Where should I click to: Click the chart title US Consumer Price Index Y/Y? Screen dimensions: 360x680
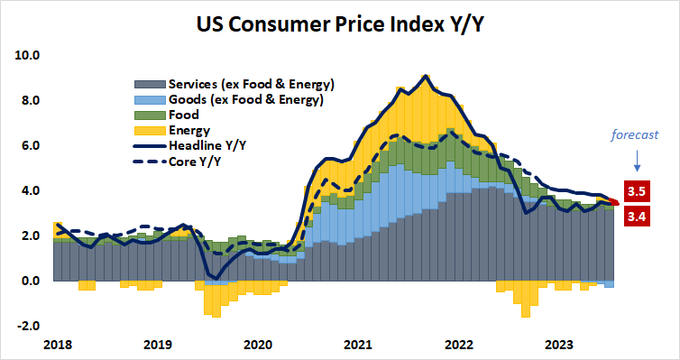point(339,23)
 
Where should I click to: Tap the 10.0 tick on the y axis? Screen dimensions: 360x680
point(29,55)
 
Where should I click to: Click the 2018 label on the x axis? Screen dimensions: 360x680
point(56,344)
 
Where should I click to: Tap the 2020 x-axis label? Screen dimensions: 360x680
point(257,344)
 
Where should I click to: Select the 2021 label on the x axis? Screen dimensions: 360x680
point(358,344)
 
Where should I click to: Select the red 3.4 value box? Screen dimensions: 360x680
point(636,216)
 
